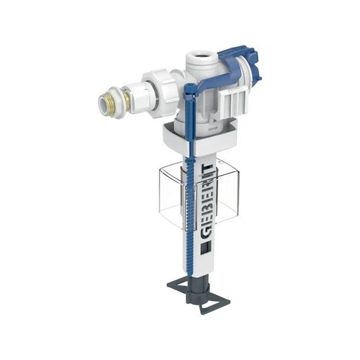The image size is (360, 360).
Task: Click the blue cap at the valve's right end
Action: pyautogui.click(x=253, y=63)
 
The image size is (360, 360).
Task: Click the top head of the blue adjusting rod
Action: pyautogui.click(x=189, y=87)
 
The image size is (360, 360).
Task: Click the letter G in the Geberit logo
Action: pyautogui.click(x=207, y=233)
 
